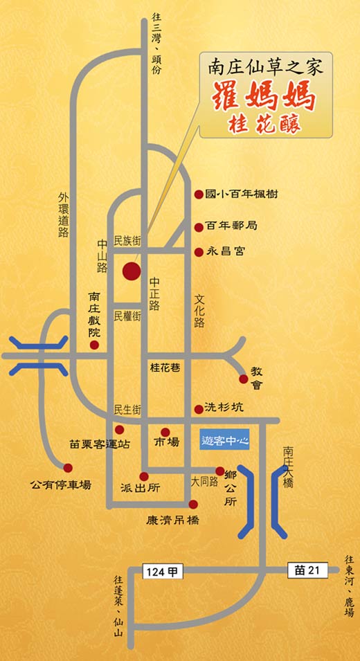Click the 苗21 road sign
point(306,569)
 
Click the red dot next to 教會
point(243,379)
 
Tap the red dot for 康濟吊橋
point(193,504)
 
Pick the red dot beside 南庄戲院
point(94,344)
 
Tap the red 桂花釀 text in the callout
point(266,125)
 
